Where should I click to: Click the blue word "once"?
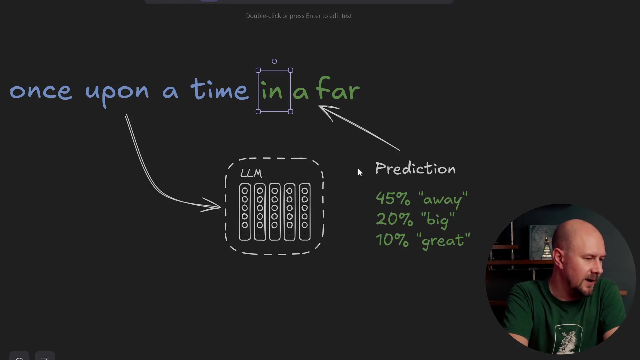pos(41,91)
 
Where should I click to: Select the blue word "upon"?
pos(117,92)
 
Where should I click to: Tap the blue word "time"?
pos(219,89)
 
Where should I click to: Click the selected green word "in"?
pos(272,91)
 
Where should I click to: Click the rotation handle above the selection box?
pos(274,61)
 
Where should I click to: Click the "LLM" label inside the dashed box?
pos(251,173)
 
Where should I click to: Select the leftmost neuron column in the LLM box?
pos(245,212)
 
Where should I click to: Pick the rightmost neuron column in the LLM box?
pos(305,212)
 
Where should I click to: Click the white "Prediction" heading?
pos(415,169)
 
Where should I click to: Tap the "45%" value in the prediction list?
pos(393,198)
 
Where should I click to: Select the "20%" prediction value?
pos(394,219)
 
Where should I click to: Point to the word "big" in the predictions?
pos(438,220)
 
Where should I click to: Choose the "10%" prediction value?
pos(392,240)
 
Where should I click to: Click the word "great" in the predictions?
pos(443,240)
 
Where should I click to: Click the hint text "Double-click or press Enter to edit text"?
pos(299,16)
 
